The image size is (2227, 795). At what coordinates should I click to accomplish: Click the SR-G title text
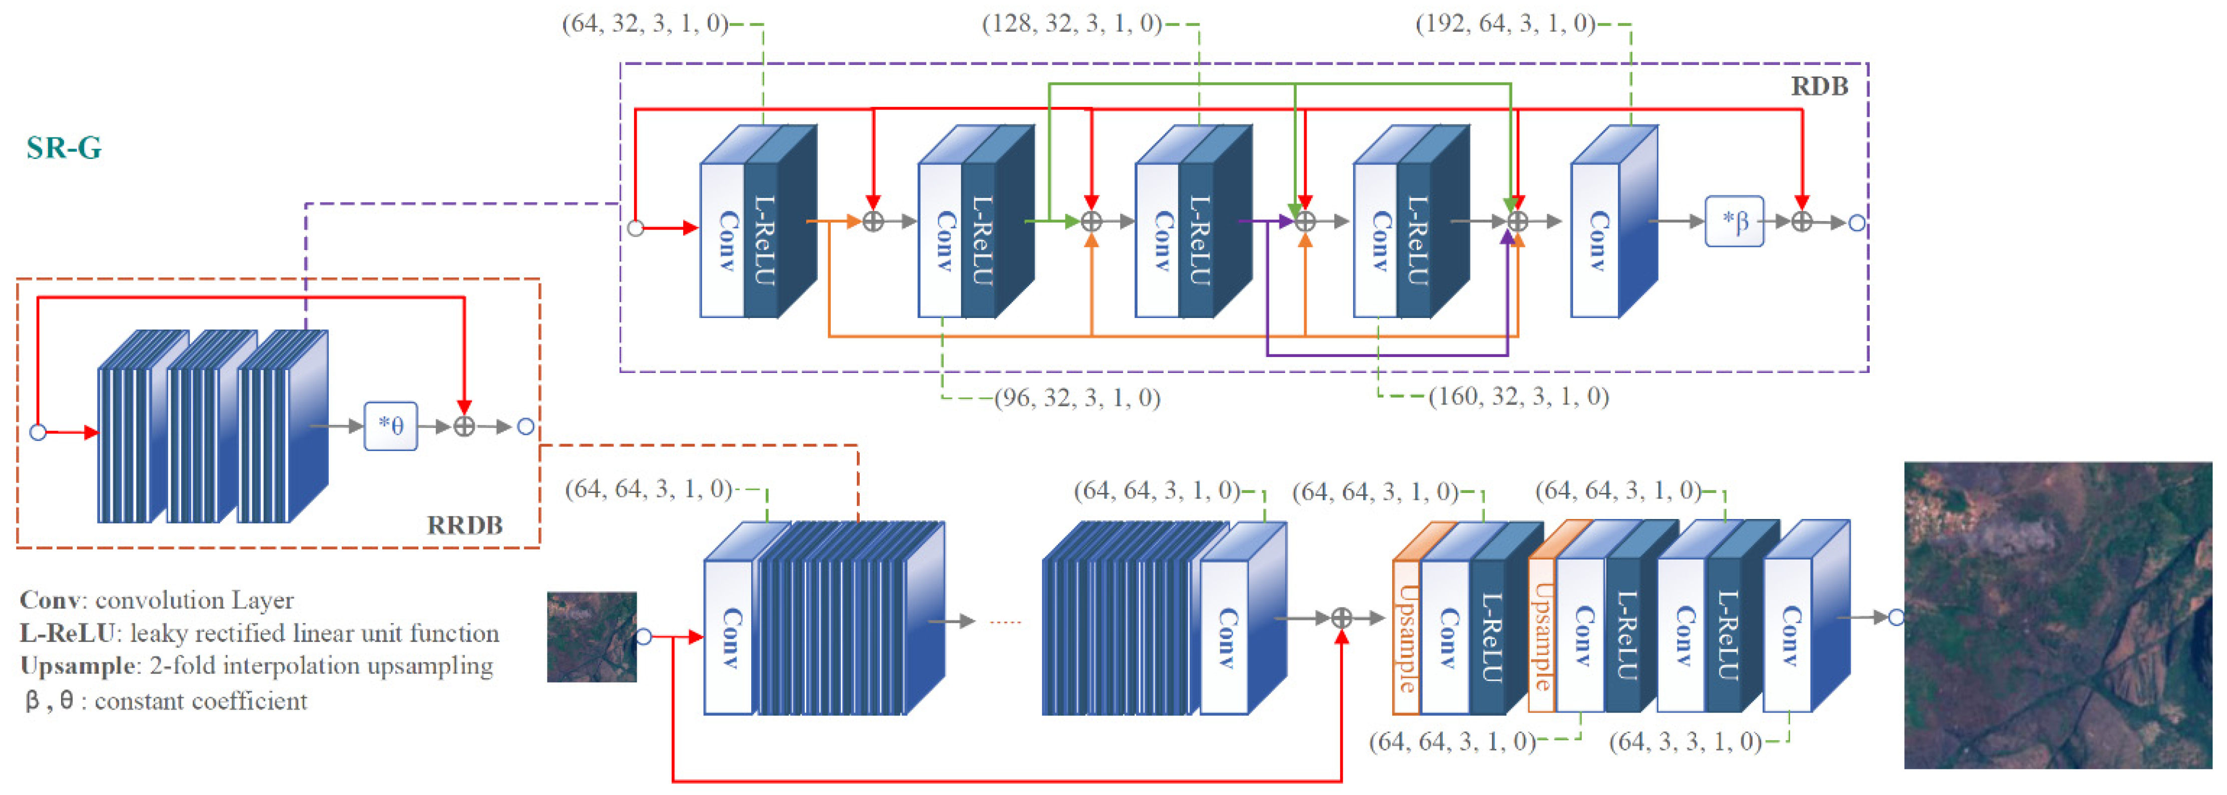click(64, 148)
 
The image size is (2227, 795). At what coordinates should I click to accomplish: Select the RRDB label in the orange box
click(464, 524)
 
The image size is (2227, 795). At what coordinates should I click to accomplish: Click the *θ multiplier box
click(391, 426)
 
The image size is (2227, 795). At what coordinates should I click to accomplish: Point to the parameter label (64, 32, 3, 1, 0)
click(645, 23)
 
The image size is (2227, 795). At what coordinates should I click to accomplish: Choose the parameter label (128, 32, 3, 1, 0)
click(1072, 23)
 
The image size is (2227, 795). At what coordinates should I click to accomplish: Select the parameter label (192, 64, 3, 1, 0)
click(1505, 23)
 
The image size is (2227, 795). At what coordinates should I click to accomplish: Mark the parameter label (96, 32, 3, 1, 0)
click(1077, 398)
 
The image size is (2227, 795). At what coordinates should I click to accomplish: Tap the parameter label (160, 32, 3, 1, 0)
click(1518, 396)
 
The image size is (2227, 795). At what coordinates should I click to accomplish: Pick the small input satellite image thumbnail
click(592, 637)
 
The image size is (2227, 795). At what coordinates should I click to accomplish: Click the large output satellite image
click(2057, 615)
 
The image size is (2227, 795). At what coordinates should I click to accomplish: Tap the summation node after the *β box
click(1802, 222)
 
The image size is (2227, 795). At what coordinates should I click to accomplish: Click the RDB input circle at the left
click(636, 228)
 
